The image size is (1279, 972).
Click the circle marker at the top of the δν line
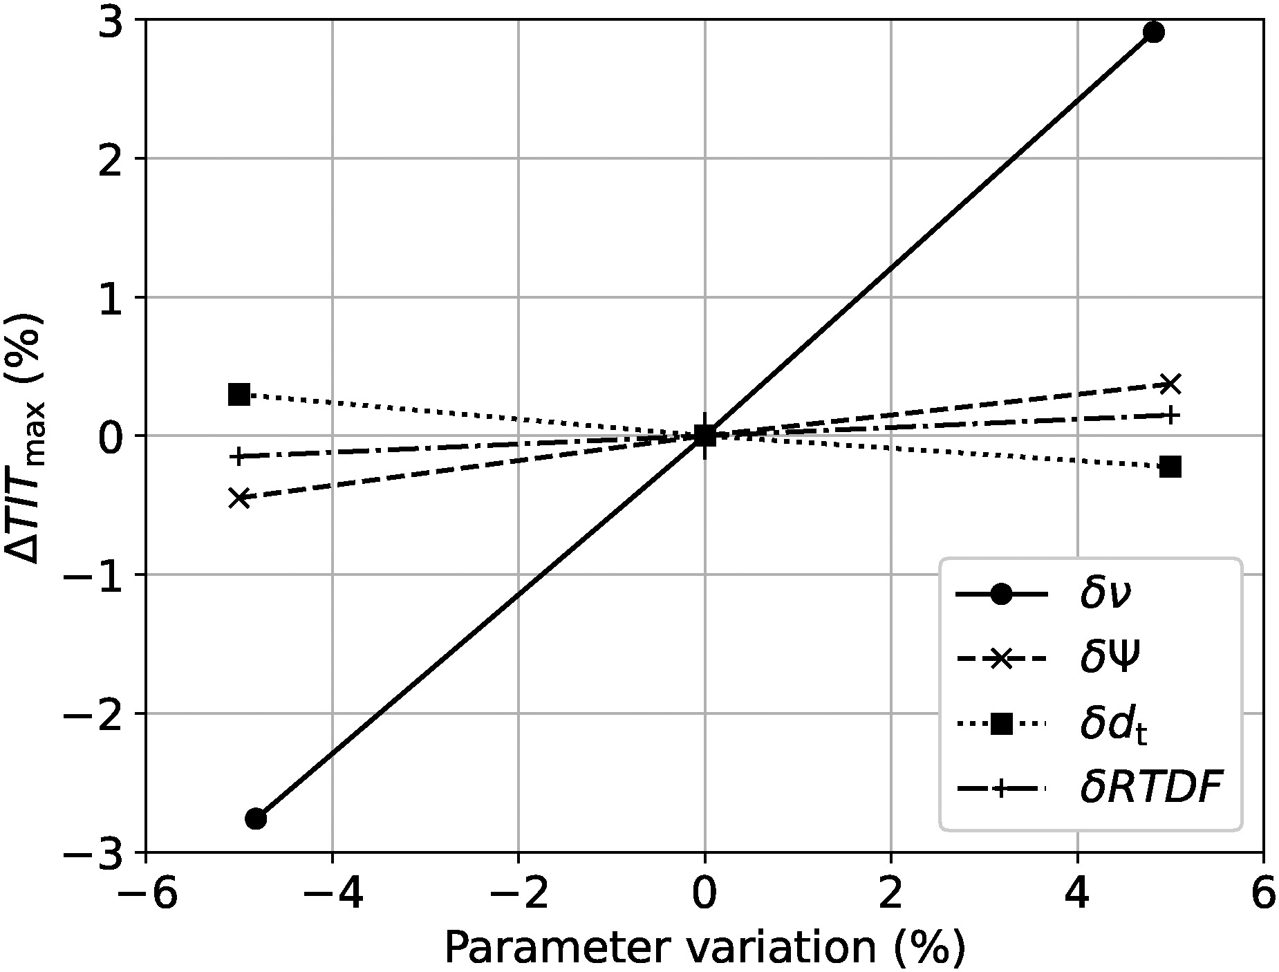click(1153, 32)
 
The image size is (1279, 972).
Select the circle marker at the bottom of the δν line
click(256, 819)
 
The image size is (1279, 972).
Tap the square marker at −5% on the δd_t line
click(239, 395)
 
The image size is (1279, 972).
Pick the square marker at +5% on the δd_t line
click(1170, 467)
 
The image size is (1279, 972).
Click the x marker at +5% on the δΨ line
click(1170, 383)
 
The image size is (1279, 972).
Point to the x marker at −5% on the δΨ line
click(239, 498)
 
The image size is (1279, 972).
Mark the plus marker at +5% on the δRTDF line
click(1170, 415)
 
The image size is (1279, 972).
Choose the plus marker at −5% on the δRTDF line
click(239, 456)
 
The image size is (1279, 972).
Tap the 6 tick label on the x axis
click(1263, 896)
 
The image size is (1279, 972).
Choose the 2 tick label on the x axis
click(891, 896)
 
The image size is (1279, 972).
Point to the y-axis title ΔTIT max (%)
click(26, 436)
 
